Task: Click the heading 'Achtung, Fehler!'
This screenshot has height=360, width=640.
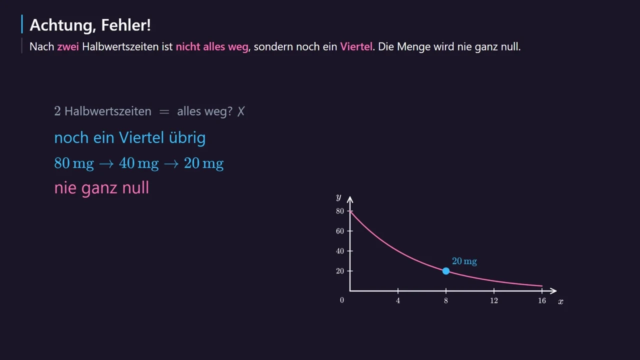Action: (90, 25)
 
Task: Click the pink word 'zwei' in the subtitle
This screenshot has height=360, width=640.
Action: (68, 46)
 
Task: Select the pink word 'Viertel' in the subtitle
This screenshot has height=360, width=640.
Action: (356, 46)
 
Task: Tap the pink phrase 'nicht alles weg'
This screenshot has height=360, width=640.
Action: (212, 47)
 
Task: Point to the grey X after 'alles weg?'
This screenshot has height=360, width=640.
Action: (241, 111)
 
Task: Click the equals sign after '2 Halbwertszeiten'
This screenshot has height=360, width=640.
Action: (164, 111)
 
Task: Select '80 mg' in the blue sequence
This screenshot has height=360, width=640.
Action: (74, 163)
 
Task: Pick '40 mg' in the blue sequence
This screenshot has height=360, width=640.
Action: (139, 163)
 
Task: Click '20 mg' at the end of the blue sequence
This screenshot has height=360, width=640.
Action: (203, 163)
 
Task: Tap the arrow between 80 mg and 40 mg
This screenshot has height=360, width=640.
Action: (106, 164)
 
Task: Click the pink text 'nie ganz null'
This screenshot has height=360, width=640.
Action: (101, 188)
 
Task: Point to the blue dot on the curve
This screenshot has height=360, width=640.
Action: (446, 271)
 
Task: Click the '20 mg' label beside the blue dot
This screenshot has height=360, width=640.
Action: (464, 261)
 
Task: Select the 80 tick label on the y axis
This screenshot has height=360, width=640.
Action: (340, 211)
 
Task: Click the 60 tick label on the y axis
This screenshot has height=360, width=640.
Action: (340, 231)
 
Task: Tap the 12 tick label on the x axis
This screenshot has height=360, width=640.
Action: (494, 300)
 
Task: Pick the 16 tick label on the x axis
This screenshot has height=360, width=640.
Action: (542, 300)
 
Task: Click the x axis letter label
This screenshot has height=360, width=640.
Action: (561, 301)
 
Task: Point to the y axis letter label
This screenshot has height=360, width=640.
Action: (338, 197)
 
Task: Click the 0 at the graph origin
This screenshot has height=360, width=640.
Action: (342, 300)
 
